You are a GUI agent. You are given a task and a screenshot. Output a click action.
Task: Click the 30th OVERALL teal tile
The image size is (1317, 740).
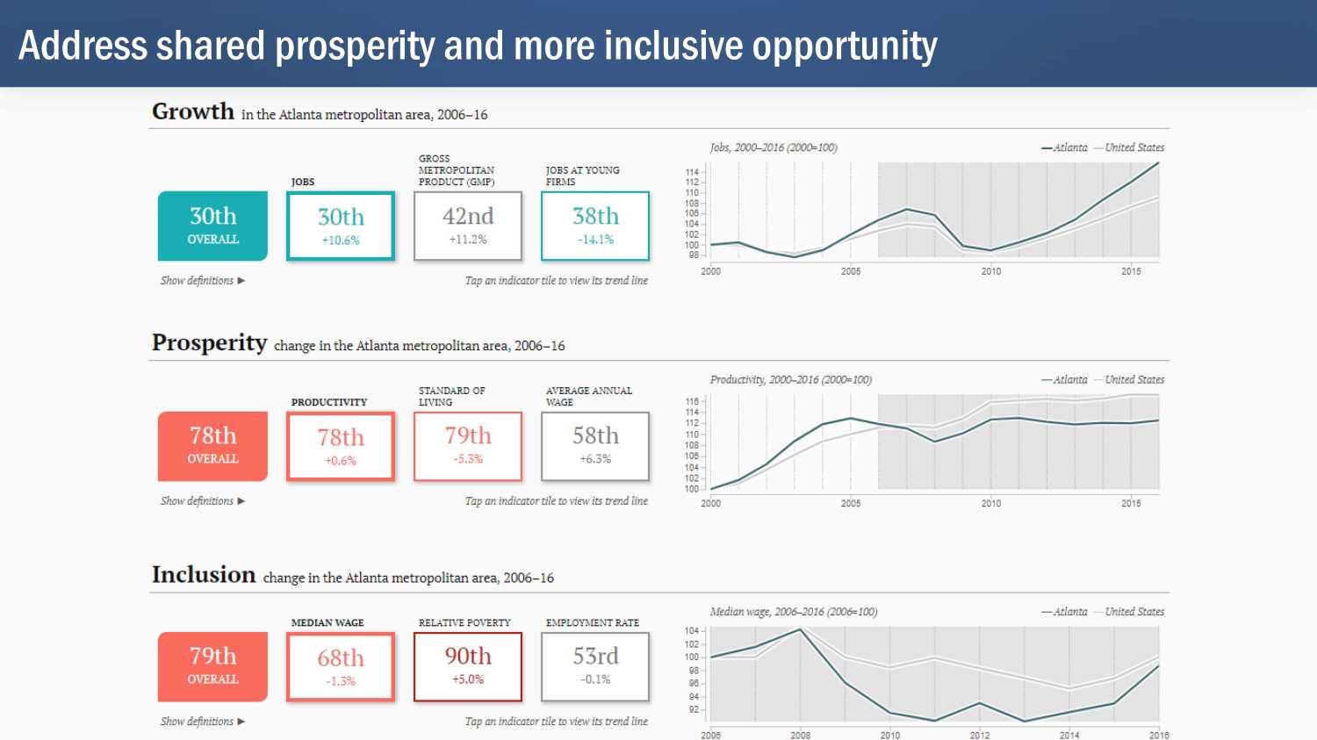212,226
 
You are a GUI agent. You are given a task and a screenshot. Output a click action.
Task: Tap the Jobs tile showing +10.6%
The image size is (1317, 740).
341,226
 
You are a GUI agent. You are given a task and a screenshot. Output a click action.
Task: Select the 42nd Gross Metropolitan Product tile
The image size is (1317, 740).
468,226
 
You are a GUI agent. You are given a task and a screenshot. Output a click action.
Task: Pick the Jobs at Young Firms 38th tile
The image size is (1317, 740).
595,226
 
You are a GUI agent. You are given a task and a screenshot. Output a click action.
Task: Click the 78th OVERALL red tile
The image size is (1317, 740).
212,446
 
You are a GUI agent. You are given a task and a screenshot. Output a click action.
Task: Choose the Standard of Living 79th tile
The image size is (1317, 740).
468,446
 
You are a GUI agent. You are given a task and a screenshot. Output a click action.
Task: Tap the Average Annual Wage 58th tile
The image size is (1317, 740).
595,446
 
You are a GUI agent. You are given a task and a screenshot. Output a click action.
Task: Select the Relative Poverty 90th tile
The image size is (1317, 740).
468,666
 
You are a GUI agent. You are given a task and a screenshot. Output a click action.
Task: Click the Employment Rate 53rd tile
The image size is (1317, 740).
595,666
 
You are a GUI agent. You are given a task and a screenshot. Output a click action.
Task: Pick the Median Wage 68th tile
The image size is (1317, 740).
341,667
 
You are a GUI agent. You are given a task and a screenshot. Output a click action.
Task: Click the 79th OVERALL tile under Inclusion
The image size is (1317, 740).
212,666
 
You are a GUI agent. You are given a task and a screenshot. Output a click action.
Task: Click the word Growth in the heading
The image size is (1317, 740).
193,112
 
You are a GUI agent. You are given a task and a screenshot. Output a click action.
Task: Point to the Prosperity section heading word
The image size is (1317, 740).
209,343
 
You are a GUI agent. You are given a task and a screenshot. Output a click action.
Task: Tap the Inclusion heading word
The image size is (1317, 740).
204,575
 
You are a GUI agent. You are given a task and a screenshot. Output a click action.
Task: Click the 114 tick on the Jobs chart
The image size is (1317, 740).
692,172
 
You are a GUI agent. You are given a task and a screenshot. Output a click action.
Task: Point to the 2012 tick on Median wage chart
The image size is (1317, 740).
980,735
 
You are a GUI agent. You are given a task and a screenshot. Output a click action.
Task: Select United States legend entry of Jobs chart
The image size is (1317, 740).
1133,147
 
